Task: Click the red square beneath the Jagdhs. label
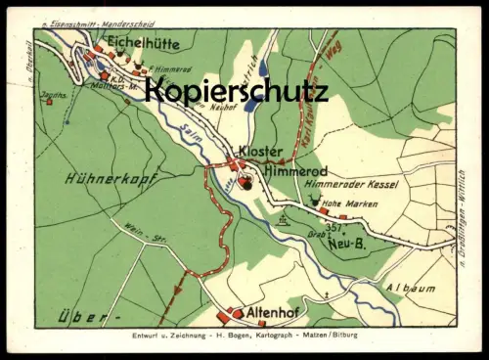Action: click(x=49, y=101)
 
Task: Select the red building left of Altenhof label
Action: click(x=238, y=314)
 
